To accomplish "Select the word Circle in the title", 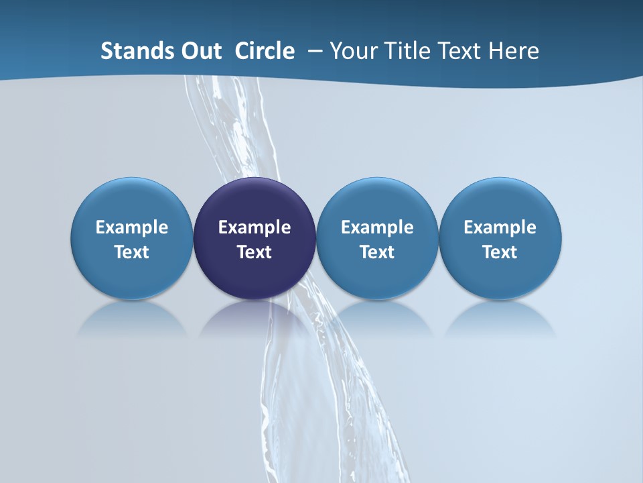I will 265,51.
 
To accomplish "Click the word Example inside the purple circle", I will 255,227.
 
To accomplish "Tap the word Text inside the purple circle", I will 255,252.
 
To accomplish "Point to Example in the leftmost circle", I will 131,227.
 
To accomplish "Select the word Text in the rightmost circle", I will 500,252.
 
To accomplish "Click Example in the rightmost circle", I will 500,227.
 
